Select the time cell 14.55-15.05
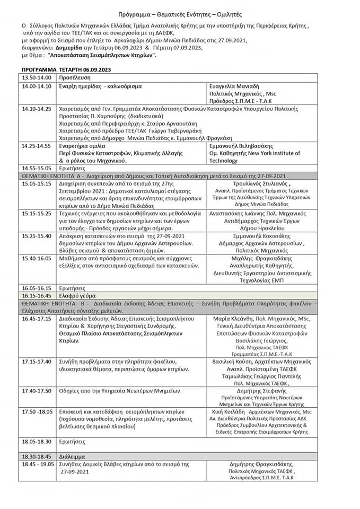[36, 168]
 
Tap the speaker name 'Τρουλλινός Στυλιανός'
[261, 183]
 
